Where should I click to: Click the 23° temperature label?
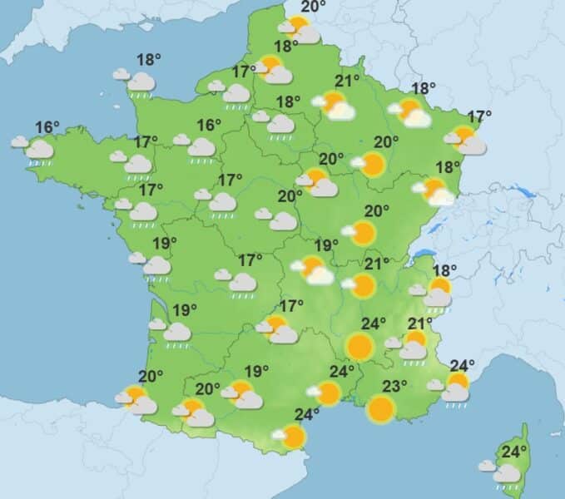tap(394, 386)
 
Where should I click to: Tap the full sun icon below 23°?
tap(381, 408)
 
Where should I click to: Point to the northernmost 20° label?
tap(313, 7)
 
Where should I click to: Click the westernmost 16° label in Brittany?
tap(47, 127)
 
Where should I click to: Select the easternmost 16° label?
tap(209, 126)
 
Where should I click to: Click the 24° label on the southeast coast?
tap(463, 365)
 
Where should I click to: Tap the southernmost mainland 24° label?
tap(307, 414)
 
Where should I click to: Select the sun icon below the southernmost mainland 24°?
tap(292, 436)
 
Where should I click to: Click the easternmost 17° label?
tap(480, 116)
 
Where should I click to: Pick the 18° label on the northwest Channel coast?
tap(149, 60)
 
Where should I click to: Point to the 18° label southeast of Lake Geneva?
tap(445, 269)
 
